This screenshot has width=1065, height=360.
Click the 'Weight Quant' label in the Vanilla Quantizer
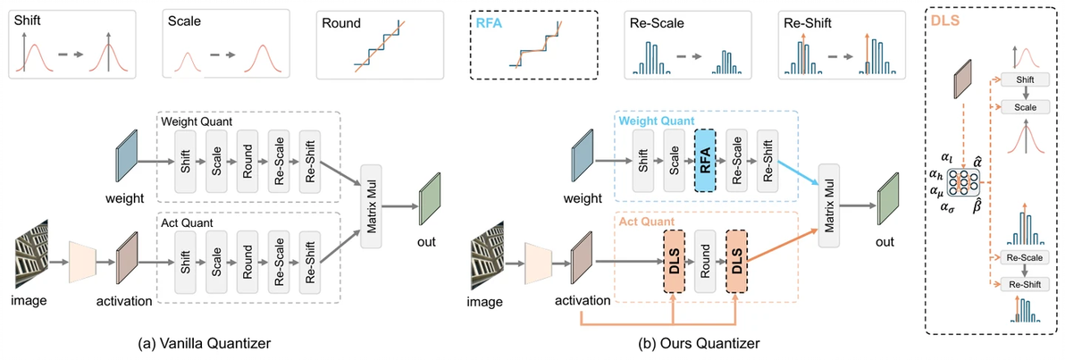197,120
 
